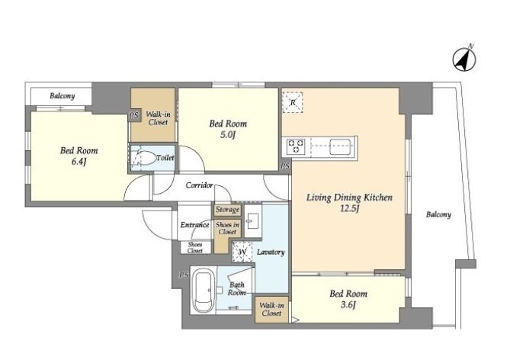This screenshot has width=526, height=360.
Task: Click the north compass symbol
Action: coord(464,59)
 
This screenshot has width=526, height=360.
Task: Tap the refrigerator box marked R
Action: coord(292,102)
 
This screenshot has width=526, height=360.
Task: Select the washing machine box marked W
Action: coord(242,252)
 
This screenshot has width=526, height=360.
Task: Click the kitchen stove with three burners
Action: coord(296,146)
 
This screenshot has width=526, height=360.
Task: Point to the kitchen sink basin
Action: coord(341,146)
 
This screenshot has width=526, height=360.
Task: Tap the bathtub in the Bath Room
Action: coord(204,291)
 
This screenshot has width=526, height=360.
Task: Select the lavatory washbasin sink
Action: coord(252,220)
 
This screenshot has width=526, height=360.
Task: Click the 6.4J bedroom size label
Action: coord(79,162)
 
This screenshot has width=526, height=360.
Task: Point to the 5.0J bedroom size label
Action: coord(228,135)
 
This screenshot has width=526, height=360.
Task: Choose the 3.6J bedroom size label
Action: coord(348,305)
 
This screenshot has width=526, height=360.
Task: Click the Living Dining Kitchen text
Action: coord(349,198)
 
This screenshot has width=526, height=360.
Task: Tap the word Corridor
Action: coord(199,185)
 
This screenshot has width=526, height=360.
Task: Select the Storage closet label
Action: coord(227,210)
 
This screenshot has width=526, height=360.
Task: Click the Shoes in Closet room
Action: coord(227,236)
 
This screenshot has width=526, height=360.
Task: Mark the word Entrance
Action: coord(195,224)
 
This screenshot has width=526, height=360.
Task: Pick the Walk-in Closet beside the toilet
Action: coord(152,114)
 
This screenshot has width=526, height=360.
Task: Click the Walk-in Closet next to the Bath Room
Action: coord(271,310)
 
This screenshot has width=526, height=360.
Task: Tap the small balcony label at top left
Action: coord(62,96)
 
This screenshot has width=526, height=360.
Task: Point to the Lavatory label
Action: coord(271,252)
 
